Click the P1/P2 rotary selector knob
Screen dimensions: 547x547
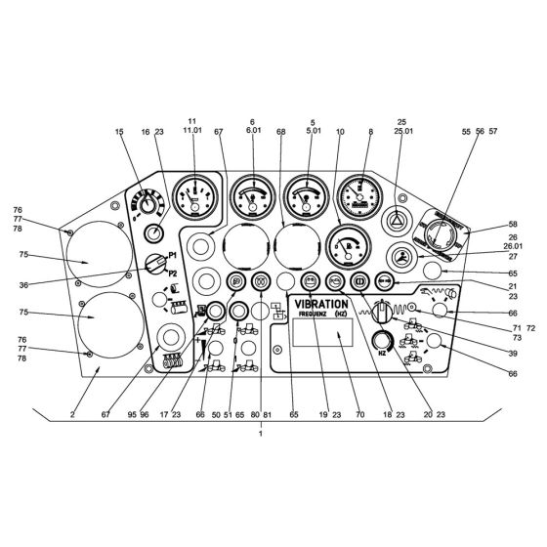coord(154,263)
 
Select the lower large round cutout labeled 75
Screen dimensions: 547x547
coord(93,317)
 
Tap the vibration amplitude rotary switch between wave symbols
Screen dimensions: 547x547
coord(384,312)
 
